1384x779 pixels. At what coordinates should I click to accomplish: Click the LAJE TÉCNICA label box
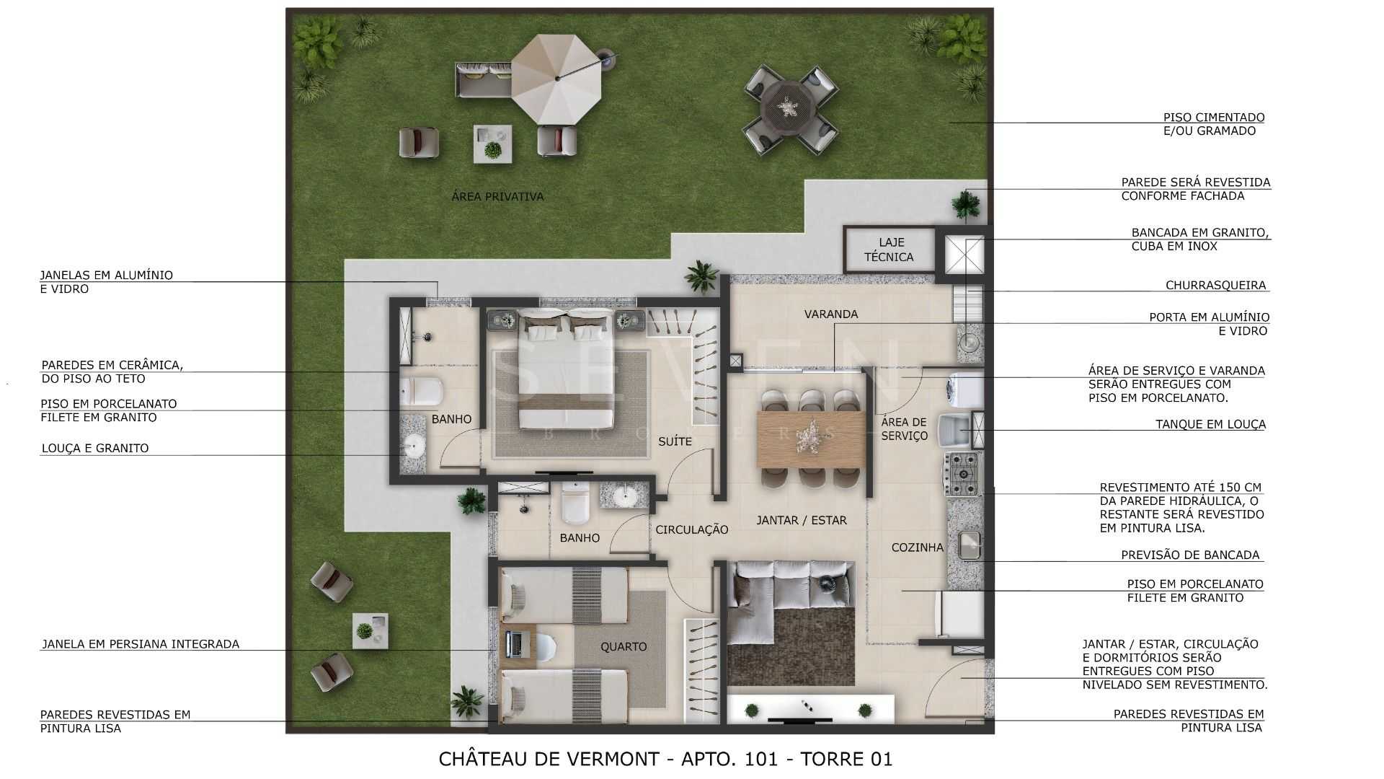[x=889, y=250]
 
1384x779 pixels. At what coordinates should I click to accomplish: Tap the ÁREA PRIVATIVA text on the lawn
[x=497, y=196]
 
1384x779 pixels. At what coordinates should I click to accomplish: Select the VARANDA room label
[x=831, y=314]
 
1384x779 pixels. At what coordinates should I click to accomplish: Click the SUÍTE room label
[x=675, y=441]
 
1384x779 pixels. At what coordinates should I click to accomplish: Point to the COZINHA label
[x=917, y=547]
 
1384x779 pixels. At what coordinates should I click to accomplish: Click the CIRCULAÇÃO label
[x=691, y=529]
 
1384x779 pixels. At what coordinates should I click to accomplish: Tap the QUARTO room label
[x=624, y=646]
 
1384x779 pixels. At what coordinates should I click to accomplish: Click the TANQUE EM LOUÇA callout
[x=1210, y=424]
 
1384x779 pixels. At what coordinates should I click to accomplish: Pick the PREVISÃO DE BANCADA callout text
[x=1190, y=555]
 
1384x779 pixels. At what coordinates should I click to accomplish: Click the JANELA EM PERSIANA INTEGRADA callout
[x=140, y=644]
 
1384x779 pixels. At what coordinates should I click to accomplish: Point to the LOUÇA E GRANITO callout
[x=94, y=448]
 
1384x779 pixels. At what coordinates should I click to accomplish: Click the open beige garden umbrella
[x=556, y=79]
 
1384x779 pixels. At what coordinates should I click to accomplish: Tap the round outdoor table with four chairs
[x=791, y=110]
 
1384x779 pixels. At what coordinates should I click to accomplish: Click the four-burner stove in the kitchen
[x=962, y=469]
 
